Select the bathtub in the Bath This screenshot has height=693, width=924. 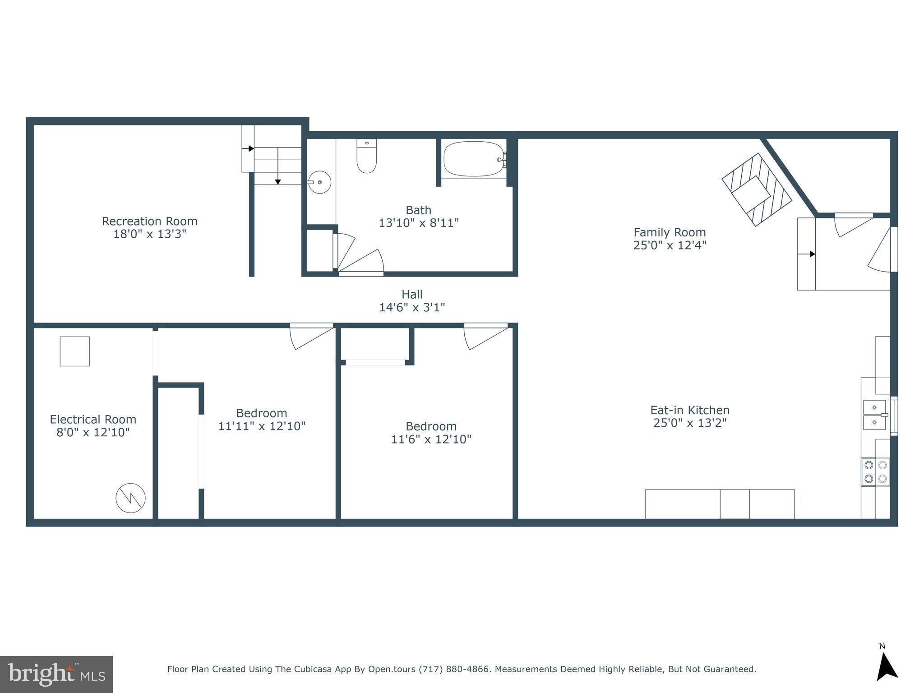474,159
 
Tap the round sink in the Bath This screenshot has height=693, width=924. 320,182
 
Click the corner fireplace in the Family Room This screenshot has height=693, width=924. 756,189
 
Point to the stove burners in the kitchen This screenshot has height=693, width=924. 875,472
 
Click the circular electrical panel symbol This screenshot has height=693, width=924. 130,498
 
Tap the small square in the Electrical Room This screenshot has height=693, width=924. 75,351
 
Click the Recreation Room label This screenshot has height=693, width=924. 149,221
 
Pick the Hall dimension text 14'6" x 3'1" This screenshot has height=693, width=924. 412,307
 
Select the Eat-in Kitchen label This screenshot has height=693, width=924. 689,410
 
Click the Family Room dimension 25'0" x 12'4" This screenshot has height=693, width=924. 670,245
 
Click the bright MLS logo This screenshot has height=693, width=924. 56,674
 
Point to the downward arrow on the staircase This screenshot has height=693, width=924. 278,180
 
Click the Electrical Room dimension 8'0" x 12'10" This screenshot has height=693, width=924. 93,432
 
